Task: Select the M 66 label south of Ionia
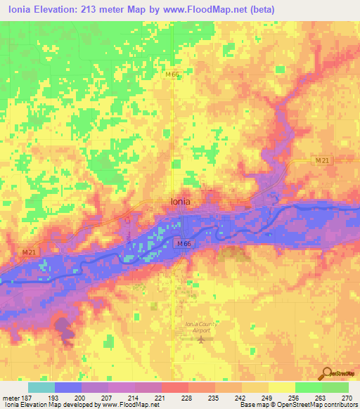[x=184, y=243]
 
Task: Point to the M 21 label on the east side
[x=322, y=161]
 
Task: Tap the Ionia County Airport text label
[x=202, y=326]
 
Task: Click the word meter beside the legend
[x=11, y=396]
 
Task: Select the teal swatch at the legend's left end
[x=41, y=387]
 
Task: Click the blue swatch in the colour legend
[x=68, y=387]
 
